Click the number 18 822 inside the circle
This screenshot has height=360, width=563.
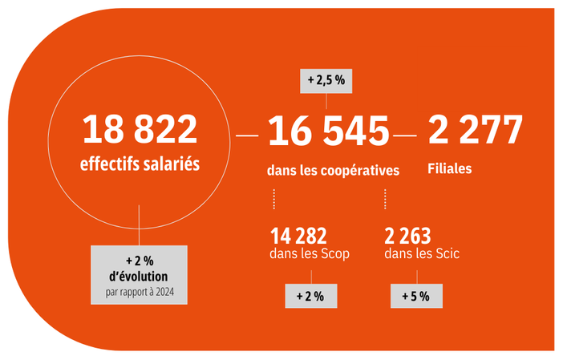pyautogui.click(x=140, y=130)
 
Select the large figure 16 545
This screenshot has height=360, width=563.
pyautogui.click(x=328, y=131)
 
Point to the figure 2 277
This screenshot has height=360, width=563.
pyautogui.click(x=475, y=130)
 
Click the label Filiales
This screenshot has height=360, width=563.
pyautogui.click(x=450, y=169)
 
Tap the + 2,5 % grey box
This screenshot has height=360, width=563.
pyautogui.click(x=326, y=81)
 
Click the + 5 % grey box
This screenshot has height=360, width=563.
pyautogui.click(x=415, y=296)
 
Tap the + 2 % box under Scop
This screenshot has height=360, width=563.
pyautogui.click(x=310, y=296)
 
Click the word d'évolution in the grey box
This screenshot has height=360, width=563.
pyautogui.click(x=140, y=277)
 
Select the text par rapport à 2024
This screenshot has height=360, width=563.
pyautogui.click(x=140, y=292)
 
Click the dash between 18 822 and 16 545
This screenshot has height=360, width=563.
pyautogui.click(x=247, y=136)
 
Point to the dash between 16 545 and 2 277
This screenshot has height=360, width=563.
pyautogui.click(x=406, y=136)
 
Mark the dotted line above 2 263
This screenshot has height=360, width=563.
pyautogui.click(x=385, y=199)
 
